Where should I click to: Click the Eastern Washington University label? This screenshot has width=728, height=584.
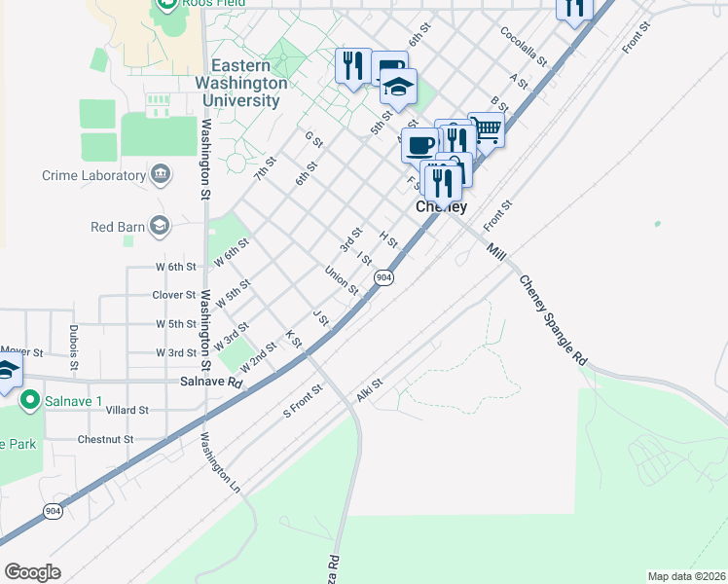240,84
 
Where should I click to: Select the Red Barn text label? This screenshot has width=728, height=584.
117,227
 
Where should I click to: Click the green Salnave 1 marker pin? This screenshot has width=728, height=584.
30,399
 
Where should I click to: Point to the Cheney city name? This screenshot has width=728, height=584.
441,207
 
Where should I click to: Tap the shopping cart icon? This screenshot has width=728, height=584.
486,128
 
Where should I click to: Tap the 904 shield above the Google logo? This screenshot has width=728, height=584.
52,511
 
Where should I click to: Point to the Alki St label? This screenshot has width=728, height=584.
370,390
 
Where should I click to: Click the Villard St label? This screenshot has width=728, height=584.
127,411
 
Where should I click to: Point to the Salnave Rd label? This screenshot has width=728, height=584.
210,383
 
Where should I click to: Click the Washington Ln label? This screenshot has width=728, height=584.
222,462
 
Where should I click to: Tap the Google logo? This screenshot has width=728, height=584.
32,571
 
